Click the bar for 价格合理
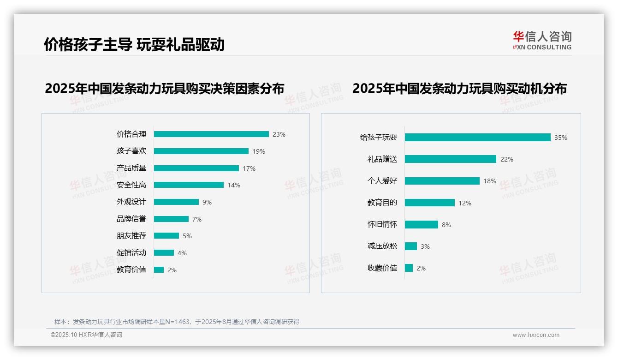(211, 134)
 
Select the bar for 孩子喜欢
(201, 151)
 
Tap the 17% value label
(249, 168)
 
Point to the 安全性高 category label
(131, 185)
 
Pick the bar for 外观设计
(176, 202)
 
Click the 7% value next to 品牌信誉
(197, 219)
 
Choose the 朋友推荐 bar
(166, 236)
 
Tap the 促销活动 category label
(131, 253)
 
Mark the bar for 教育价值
(159, 270)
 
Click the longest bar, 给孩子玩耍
(477, 138)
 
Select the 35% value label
(561, 138)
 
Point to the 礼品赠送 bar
(450, 159)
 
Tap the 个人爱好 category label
(382, 181)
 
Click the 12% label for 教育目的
(465, 203)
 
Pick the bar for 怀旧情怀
(421, 225)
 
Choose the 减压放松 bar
(410, 246)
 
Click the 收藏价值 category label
(382, 268)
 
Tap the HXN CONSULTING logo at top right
(542, 41)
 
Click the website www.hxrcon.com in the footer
(536, 335)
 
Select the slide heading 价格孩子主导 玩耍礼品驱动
(134, 45)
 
